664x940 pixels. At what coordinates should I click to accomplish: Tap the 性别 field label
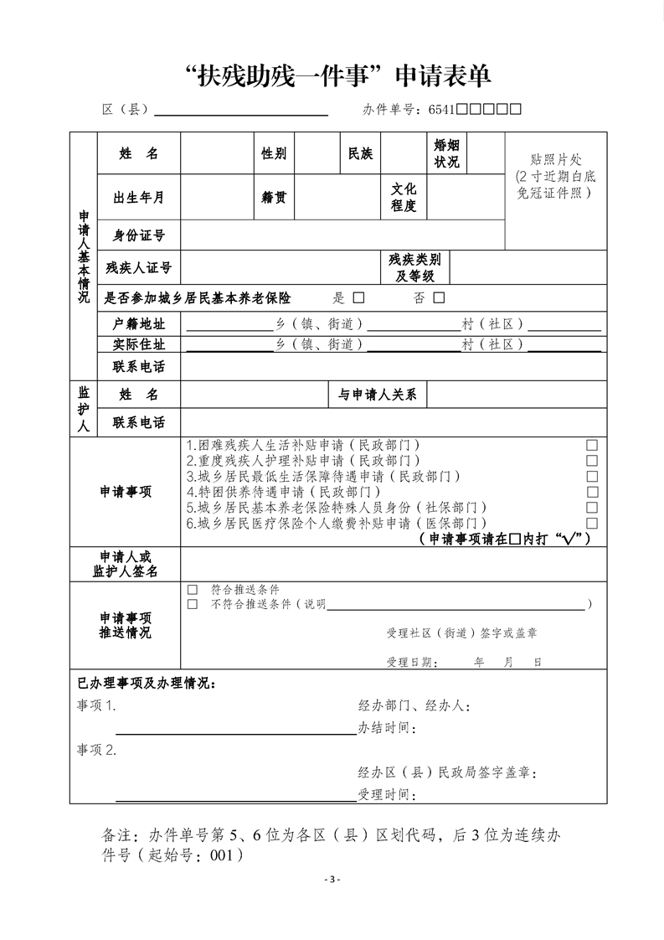click(x=274, y=153)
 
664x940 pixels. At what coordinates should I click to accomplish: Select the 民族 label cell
click(x=360, y=153)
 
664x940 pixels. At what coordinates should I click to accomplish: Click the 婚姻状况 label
click(x=446, y=153)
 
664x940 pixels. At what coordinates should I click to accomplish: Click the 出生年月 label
click(x=138, y=198)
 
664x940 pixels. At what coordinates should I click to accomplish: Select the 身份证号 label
click(x=138, y=235)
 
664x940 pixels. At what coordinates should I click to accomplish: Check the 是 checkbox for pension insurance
click(x=358, y=297)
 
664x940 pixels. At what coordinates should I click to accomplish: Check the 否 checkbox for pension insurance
click(x=439, y=297)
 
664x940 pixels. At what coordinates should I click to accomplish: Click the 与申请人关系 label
click(x=377, y=394)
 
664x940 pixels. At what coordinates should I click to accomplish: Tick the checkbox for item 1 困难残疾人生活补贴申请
click(x=592, y=445)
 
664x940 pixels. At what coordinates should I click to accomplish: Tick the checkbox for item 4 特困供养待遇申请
click(x=592, y=492)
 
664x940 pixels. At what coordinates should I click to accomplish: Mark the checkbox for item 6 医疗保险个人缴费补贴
click(x=592, y=523)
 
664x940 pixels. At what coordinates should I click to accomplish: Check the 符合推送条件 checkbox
click(x=193, y=590)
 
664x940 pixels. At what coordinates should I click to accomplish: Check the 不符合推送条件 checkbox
click(x=193, y=604)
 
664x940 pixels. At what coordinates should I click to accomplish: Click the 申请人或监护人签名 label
click(x=126, y=564)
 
